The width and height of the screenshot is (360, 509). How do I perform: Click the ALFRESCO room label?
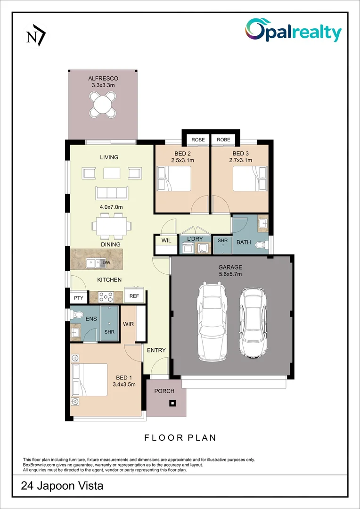[103, 78]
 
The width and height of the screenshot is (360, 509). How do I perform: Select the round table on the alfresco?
[103, 104]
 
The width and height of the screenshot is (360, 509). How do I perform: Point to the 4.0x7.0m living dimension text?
[111, 207]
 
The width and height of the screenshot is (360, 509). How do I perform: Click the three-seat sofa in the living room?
[111, 192]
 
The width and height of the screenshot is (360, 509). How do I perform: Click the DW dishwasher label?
[106, 263]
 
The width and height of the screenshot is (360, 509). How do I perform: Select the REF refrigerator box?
[134, 296]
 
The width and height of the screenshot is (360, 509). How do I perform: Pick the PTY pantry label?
[78, 298]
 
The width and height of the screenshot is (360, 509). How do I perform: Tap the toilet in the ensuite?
[77, 314]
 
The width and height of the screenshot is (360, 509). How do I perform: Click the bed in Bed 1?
[90, 379]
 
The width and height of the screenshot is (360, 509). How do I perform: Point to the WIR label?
[129, 324]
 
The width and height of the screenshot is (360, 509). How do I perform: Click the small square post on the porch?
[172, 403]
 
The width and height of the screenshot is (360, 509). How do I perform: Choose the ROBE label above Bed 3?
[224, 140]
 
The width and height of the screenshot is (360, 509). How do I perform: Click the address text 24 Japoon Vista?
[62, 486]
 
